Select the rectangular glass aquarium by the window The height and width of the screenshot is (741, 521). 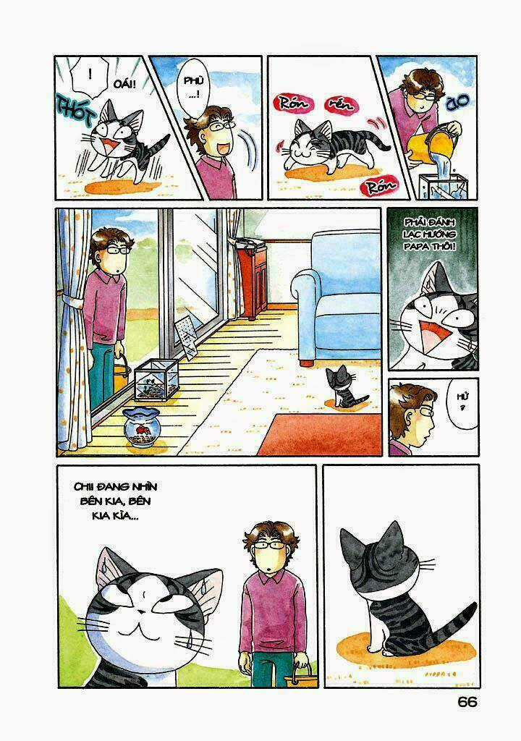(x=158, y=379)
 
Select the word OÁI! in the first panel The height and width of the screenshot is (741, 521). (x=126, y=85)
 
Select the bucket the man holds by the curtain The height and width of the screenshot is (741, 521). (x=120, y=374)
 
